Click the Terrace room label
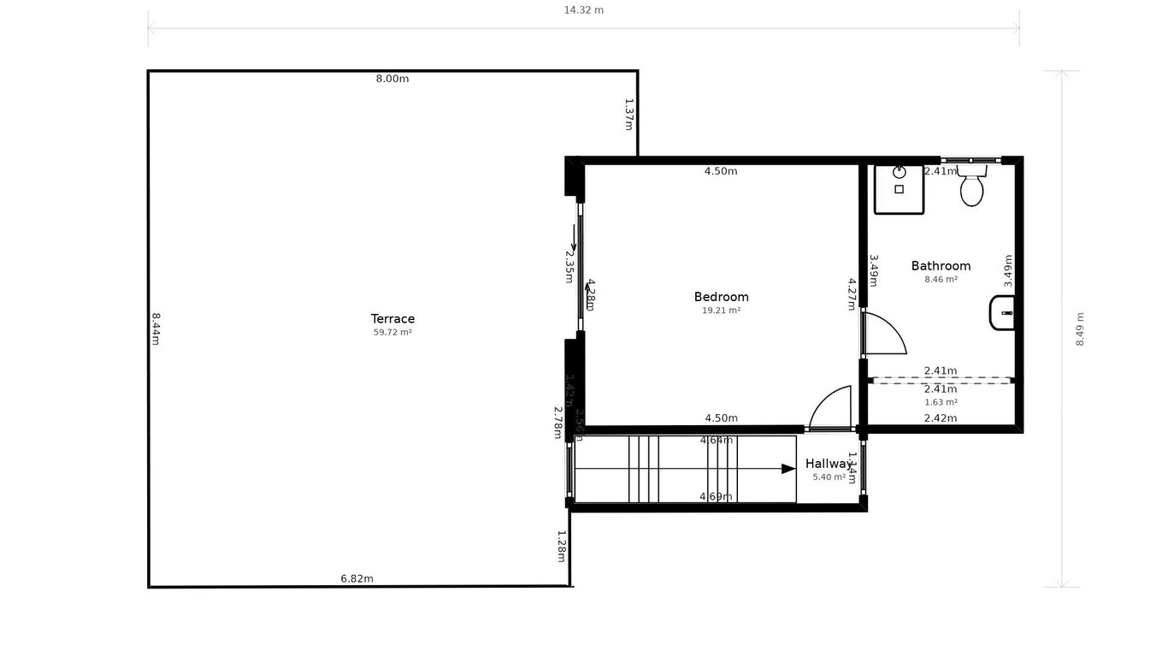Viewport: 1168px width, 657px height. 392,319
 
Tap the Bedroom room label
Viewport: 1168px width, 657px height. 721,297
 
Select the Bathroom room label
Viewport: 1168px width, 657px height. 941,266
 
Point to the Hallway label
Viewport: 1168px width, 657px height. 828,464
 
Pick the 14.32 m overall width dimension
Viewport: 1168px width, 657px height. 583,10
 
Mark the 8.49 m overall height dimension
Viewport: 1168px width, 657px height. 1080,328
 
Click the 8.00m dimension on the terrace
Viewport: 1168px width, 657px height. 392,79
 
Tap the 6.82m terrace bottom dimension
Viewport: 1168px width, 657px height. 357,578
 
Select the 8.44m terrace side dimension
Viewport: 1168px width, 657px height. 156,328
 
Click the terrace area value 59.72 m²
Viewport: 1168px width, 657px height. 392,333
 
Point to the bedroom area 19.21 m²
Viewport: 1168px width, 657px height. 721,311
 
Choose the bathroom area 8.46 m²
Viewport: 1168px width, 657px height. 941,279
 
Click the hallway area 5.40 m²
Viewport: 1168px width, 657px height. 829,477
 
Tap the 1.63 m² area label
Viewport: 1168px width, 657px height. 941,402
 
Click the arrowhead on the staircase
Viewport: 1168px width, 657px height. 788,469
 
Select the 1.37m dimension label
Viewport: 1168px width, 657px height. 628,115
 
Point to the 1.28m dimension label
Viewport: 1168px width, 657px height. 561,546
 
